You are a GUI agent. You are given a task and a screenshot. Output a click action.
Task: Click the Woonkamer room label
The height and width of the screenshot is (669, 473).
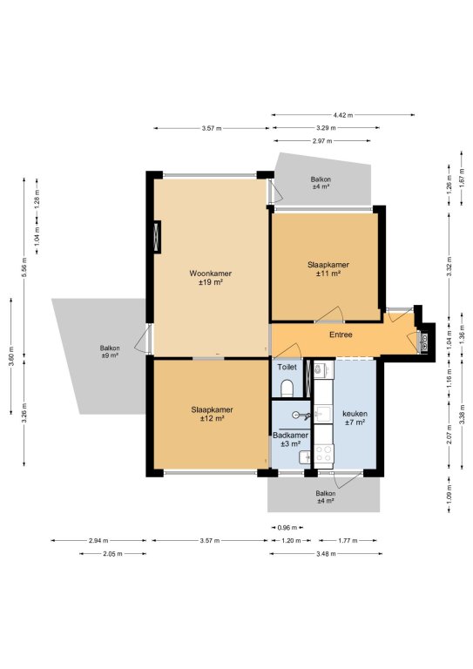point(210,274)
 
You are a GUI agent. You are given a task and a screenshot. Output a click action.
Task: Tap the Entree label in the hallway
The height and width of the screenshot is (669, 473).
point(341,334)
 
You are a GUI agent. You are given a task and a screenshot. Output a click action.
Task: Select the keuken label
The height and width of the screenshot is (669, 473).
point(355,414)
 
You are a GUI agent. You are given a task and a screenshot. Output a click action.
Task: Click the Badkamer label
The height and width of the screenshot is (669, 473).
point(290,436)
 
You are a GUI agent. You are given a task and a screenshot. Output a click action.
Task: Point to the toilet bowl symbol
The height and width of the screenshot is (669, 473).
point(287,388)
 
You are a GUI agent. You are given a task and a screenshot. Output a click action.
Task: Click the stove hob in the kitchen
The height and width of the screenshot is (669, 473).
point(324,454)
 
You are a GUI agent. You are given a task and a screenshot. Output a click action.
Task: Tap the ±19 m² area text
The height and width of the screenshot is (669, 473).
point(211,282)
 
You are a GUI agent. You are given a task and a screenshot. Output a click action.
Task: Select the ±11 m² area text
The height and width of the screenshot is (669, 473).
point(328,274)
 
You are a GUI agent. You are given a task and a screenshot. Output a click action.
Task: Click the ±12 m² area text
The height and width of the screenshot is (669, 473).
point(212,418)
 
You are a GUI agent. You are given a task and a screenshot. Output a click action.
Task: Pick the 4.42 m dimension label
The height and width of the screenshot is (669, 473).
point(343,115)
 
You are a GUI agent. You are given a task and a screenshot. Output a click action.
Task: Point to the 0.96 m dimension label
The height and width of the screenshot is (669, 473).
point(287,528)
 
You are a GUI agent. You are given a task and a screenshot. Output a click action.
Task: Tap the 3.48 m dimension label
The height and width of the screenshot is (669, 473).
point(326,554)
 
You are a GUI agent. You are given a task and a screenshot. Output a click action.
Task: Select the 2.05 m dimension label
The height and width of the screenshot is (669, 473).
point(112,554)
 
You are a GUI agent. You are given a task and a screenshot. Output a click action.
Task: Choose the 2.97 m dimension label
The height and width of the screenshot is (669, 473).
point(322,141)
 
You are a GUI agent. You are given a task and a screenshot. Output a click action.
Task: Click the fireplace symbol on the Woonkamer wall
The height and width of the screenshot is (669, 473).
point(157,237)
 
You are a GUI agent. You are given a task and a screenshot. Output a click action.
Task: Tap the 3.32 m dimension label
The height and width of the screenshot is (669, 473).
point(449,267)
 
